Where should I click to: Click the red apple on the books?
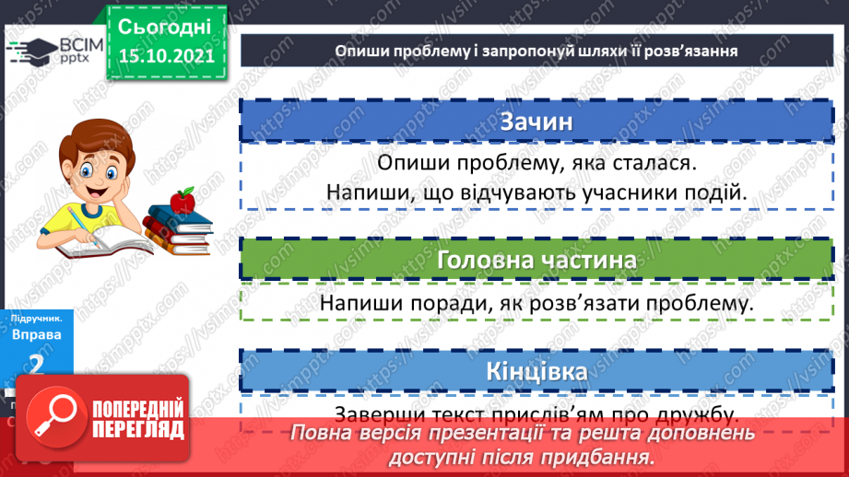tap(183, 197)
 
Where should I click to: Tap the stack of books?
tap(177, 227)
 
